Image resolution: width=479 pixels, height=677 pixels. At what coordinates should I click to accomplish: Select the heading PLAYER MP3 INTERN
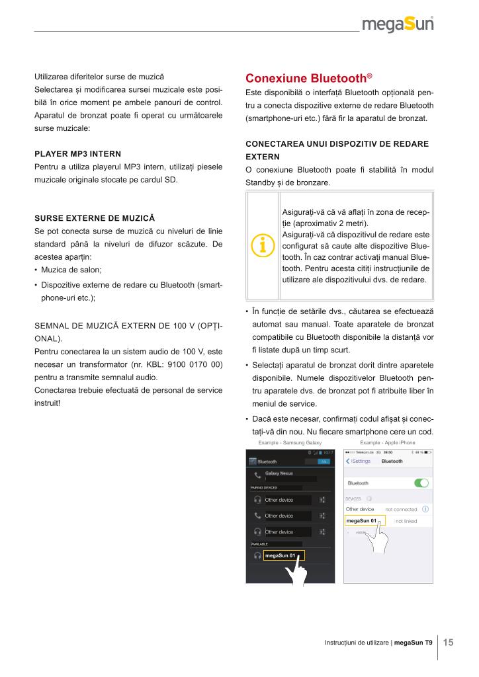(x=78, y=154)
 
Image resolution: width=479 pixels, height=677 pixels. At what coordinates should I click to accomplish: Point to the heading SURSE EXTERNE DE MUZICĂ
(x=94, y=218)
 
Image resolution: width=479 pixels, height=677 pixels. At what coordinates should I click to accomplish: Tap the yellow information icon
(x=263, y=243)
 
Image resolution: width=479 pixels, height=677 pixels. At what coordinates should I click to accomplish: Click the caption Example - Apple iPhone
(x=388, y=442)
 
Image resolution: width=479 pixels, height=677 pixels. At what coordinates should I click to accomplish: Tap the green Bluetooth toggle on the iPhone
(x=421, y=483)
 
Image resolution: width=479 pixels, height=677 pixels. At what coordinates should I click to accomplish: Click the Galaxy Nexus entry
(x=279, y=474)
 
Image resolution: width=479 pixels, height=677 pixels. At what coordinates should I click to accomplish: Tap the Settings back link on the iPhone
(x=359, y=461)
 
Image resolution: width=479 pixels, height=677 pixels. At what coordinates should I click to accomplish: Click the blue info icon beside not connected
(x=425, y=509)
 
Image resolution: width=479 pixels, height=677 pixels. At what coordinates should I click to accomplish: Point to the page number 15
(x=448, y=642)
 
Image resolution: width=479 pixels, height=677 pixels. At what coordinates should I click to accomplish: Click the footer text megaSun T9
(x=414, y=643)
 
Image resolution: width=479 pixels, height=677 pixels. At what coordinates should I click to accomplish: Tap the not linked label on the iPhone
(x=406, y=521)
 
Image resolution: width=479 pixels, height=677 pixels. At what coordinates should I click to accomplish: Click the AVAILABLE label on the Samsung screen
(x=259, y=543)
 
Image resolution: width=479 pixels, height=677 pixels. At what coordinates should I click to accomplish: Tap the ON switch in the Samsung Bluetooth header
(x=324, y=461)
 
